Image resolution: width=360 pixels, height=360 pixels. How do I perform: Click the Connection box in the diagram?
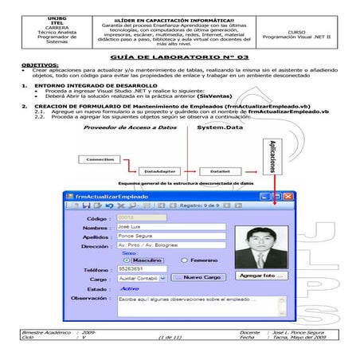(x=100, y=159)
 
